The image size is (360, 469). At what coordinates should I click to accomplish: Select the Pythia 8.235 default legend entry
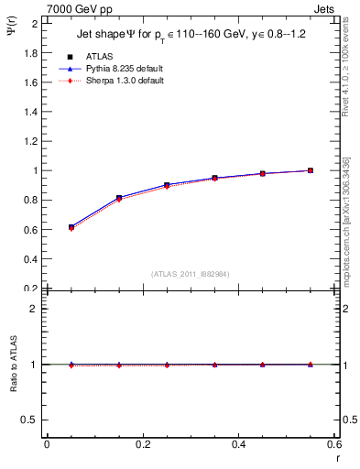(113, 69)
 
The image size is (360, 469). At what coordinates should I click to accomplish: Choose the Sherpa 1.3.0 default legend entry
(112, 81)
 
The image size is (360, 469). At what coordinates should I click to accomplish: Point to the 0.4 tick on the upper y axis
(32, 258)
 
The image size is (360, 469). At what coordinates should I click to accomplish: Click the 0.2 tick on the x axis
(142, 444)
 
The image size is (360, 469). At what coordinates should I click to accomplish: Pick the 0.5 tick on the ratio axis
(32, 420)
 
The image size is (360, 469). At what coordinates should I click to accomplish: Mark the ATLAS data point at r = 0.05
(71, 226)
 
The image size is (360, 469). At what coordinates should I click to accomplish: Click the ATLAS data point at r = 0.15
(119, 198)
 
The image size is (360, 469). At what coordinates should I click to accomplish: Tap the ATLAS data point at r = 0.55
(311, 170)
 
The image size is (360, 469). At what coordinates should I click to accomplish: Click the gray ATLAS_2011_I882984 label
(191, 274)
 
